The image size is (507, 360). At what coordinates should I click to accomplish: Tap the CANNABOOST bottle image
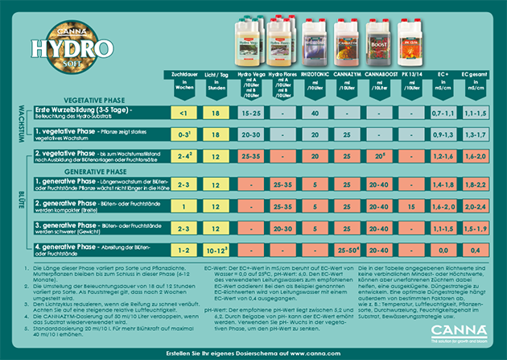point(377,43)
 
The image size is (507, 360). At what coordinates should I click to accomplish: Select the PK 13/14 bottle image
point(410,43)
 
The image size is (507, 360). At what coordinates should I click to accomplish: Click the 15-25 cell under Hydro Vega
point(250,114)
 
